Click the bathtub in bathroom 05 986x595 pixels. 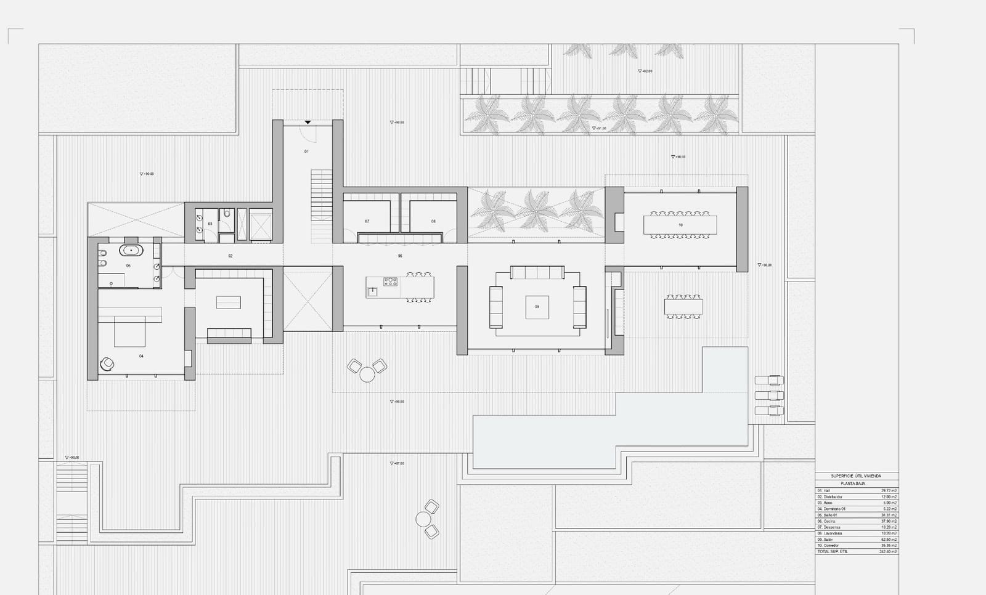pyautogui.click(x=131, y=250)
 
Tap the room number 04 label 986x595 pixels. pyautogui.click(x=141, y=356)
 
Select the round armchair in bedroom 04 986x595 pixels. pyautogui.click(x=107, y=364)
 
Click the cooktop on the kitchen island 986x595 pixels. pyautogui.click(x=391, y=282)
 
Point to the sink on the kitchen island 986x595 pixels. pyautogui.click(x=372, y=291)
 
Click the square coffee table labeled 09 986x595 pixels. pyautogui.click(x=537, y=307)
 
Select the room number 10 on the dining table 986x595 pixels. pyautogui.click(x=680, y=225)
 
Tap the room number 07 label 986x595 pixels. pyautogui.click(x=367, y=221)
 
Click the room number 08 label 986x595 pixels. pyautogui.click(x=433, y=221)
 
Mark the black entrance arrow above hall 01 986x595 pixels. pyautogui.click(x=308, y=123)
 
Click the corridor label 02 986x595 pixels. pyautogui.click(x=230, y=256)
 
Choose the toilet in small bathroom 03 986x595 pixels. pyautogui.click(x=227, y=214)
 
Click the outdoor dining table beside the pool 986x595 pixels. pyautogui.click(x=683, y=307)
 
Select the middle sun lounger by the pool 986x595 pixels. pyautogui.click(x=769, y=395)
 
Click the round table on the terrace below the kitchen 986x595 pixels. pyautogui.click(x=367, y=374)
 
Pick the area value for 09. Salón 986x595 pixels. pyautogui.click(x=889, y=540)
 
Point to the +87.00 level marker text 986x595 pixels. pyautogui.click(x=398, y=463)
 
